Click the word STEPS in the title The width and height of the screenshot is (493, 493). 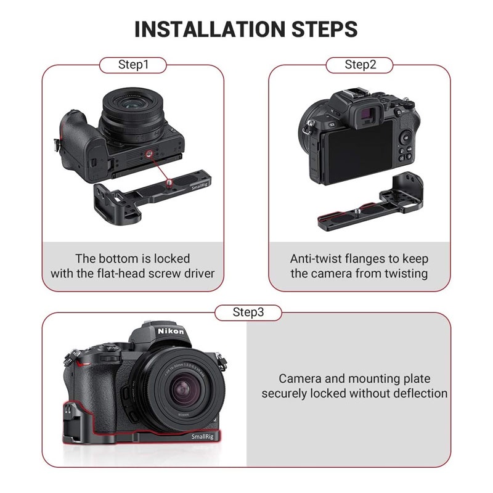coord(325,29)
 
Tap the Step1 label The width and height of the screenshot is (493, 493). coord(133,65)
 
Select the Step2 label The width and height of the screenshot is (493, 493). coord(360,65)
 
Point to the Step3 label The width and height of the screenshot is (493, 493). coord(248,312)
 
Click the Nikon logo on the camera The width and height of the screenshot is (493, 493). coord(171,331)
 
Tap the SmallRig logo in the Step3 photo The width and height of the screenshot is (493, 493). coord(203,436)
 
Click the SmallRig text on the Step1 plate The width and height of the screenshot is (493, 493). coord(200,187)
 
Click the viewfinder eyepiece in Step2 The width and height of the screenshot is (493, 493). coord(368,113)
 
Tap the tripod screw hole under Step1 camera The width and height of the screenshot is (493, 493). coord(149,154)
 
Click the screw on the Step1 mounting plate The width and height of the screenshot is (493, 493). coord(169,182)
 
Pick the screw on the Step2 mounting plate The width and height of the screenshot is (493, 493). coord(358,211)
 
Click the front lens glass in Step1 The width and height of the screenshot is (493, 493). coord(131,104)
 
